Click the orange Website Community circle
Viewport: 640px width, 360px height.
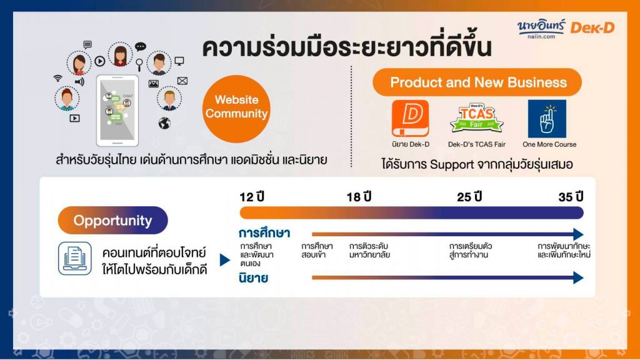pyautogui.click(x=236, y=109)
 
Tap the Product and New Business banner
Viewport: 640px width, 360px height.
pyautogui.click(x=477, y=82)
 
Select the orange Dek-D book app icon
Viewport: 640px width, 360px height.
pyautogui.click(x=410, y=118)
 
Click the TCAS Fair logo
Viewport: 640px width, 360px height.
pyautogui.click(x=476, y=117)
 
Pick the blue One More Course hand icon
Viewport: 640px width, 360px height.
pyautogui.click(x=547, y=119)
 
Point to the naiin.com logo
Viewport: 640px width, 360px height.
pyautogui.click(x=541, y=29)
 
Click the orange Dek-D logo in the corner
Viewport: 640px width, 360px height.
pyautogui.click(x=592, y=27)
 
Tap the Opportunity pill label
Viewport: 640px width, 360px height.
pyautogui.click(x=112, y=221)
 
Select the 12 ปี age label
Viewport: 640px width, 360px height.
pyautogui.click(x=252, y=197)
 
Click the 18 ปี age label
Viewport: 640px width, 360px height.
pyautogui.click(x=359, y=197)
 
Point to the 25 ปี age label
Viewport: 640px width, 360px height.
pyautogui.click(x=469, y=197)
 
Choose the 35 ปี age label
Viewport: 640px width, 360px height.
pyautogui.click(x=571, y=197)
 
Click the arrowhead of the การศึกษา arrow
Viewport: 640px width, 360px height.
pyautogui.click(x=578, y=234)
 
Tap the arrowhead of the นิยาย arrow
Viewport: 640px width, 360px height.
pyautogui.click(x=578, y=278)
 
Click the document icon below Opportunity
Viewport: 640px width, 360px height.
pyautogui.click(x=75, y=258)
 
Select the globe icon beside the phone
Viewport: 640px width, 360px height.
pyautogui.click(x=164, y=123)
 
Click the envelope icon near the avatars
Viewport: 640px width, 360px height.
pyautogui.click(x=182, y=81)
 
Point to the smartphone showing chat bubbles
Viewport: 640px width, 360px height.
pyautogui.click(x=117, y=111)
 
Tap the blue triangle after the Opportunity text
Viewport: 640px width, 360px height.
pyautogui.click(x=225, y=260)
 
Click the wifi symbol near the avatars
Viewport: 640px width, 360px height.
pyautogui.click(x=58, y=78)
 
